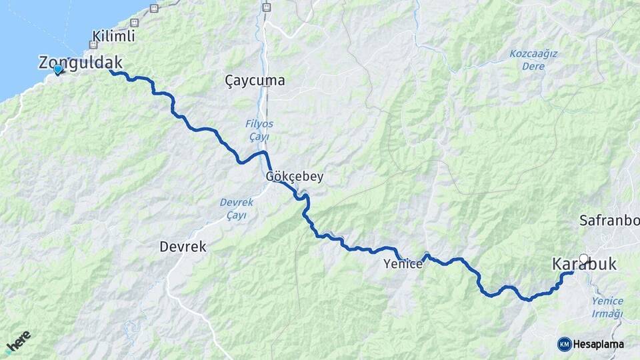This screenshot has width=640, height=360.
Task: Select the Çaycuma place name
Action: (x=255, y=81)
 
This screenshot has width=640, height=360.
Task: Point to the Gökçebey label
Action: (x=294, y=177)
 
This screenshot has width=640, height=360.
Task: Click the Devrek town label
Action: (x=183, y=247)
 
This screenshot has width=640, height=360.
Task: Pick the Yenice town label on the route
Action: (x=403, y=264)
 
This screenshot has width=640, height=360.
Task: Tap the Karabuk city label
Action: (x=585, y=265)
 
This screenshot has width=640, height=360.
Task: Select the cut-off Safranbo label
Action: (x=609, y=220)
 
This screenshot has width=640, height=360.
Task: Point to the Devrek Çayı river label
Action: (x=233, y=209)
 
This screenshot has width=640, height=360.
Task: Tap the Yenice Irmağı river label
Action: (x=607, y=307)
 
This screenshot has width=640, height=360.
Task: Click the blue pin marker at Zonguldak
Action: (x=58, y=69)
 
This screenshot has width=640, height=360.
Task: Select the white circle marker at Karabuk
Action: (x=584, y=259)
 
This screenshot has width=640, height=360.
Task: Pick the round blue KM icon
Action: (x=565, y=344)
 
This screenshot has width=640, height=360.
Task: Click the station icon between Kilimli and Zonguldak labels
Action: (x=93, y=45)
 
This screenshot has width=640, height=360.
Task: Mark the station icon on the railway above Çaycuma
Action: (x=267, y=7)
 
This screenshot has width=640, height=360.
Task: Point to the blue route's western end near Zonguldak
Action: (x=110, y=71)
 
